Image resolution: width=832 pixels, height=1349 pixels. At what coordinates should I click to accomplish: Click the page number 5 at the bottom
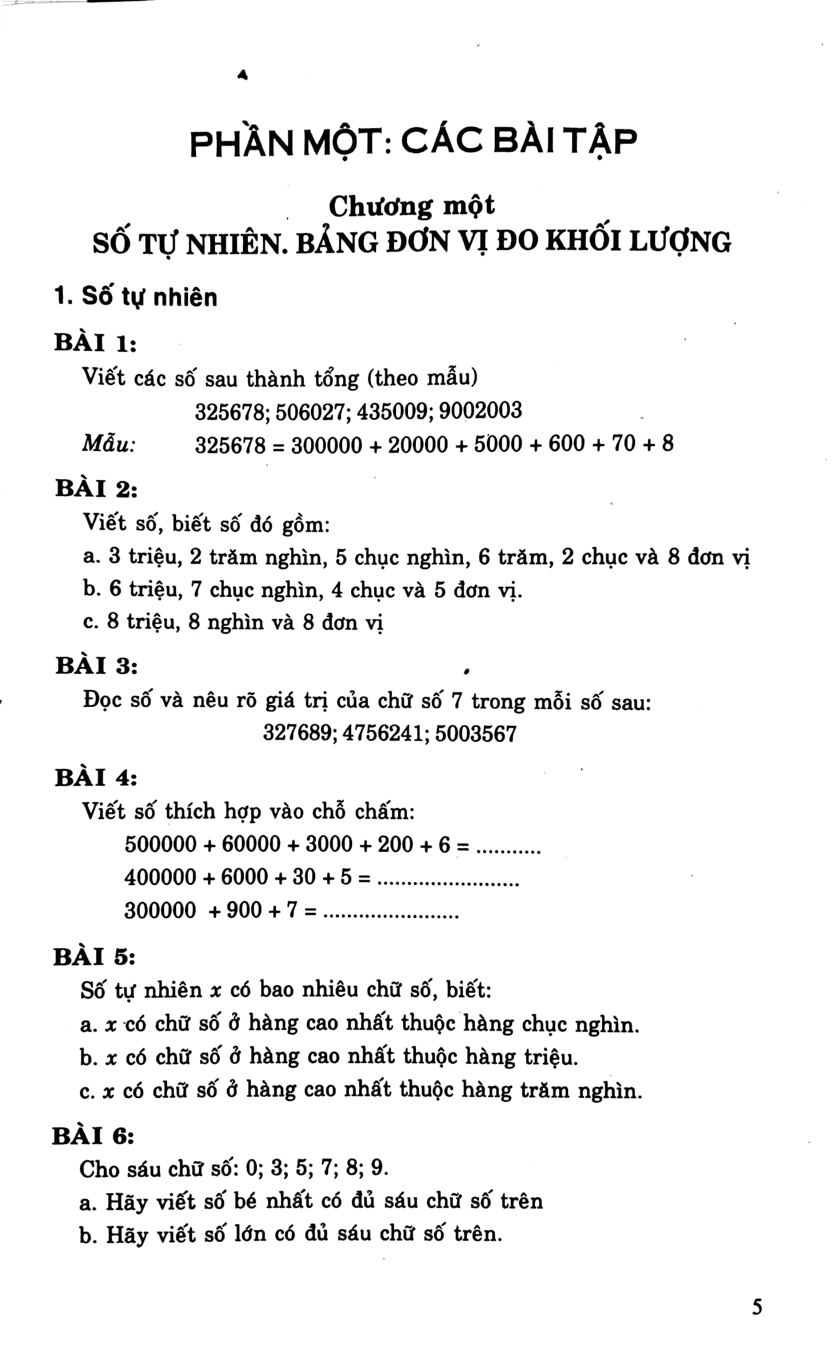click(x=757, y=1307)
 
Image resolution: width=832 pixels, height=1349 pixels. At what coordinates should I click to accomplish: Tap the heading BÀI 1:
click(x=95, y=343)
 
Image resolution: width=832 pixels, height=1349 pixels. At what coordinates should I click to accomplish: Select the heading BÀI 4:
click(x=96, y=778)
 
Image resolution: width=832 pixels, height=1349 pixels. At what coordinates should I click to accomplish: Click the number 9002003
click(x=480, y=411)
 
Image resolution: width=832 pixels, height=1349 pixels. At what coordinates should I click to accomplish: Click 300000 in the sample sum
click(x=327, y=445)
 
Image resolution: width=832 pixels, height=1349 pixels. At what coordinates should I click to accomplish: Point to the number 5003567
click(x=475, y=734)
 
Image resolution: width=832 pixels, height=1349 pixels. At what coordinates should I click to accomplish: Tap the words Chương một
click(x=412, y=207)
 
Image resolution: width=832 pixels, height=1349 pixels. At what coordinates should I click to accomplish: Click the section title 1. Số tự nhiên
click(x=136, y=297)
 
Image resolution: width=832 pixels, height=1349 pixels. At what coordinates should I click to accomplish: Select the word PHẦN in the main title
click(x=241, y=143)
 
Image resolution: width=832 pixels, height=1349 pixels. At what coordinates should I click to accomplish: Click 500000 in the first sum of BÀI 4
click(x=160, y=844)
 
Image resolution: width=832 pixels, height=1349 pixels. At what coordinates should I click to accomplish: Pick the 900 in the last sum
click(x=244, y=910)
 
